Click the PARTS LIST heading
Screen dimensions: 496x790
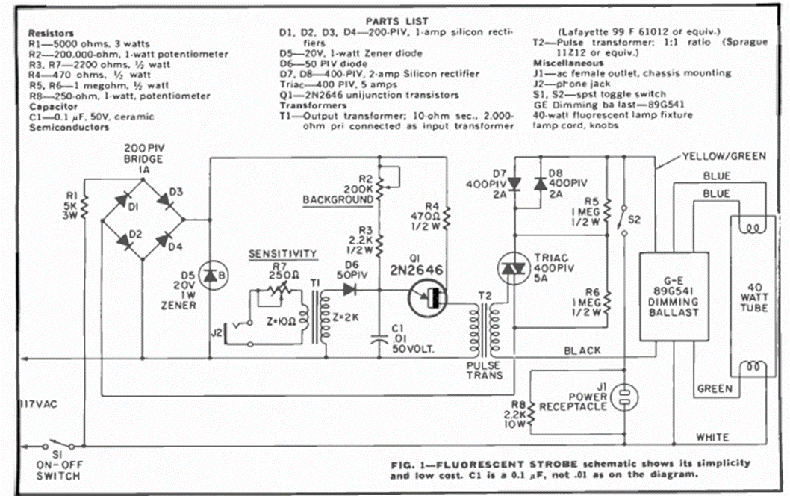click(396, 20)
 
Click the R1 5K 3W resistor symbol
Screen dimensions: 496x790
click(84, 203)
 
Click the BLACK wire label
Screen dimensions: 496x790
click(583, 350)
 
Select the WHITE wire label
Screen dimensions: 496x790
click(712, 437)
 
